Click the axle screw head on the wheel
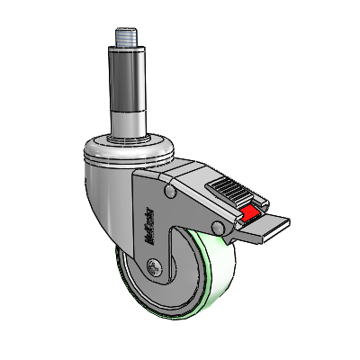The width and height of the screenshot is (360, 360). pyautogui.click(x=153, y=267)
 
